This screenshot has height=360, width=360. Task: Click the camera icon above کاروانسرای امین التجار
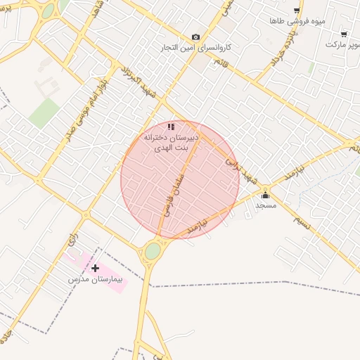click(195, 37)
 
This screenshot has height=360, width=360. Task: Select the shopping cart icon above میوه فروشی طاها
click(297, 11)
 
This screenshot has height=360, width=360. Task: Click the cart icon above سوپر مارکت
click(343, 34)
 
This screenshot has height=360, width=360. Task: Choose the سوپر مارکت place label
click(342, 44)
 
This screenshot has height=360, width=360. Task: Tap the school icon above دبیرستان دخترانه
click(171, 127)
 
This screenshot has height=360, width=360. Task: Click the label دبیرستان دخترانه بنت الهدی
click(171, 141)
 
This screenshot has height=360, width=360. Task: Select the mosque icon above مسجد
click(265, 195)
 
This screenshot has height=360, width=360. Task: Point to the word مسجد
click(266, 205)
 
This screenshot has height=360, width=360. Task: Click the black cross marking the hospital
click(96, 268)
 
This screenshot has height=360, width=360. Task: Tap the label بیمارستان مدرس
click(96, 279)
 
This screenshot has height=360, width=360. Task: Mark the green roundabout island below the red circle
click(153, 250)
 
